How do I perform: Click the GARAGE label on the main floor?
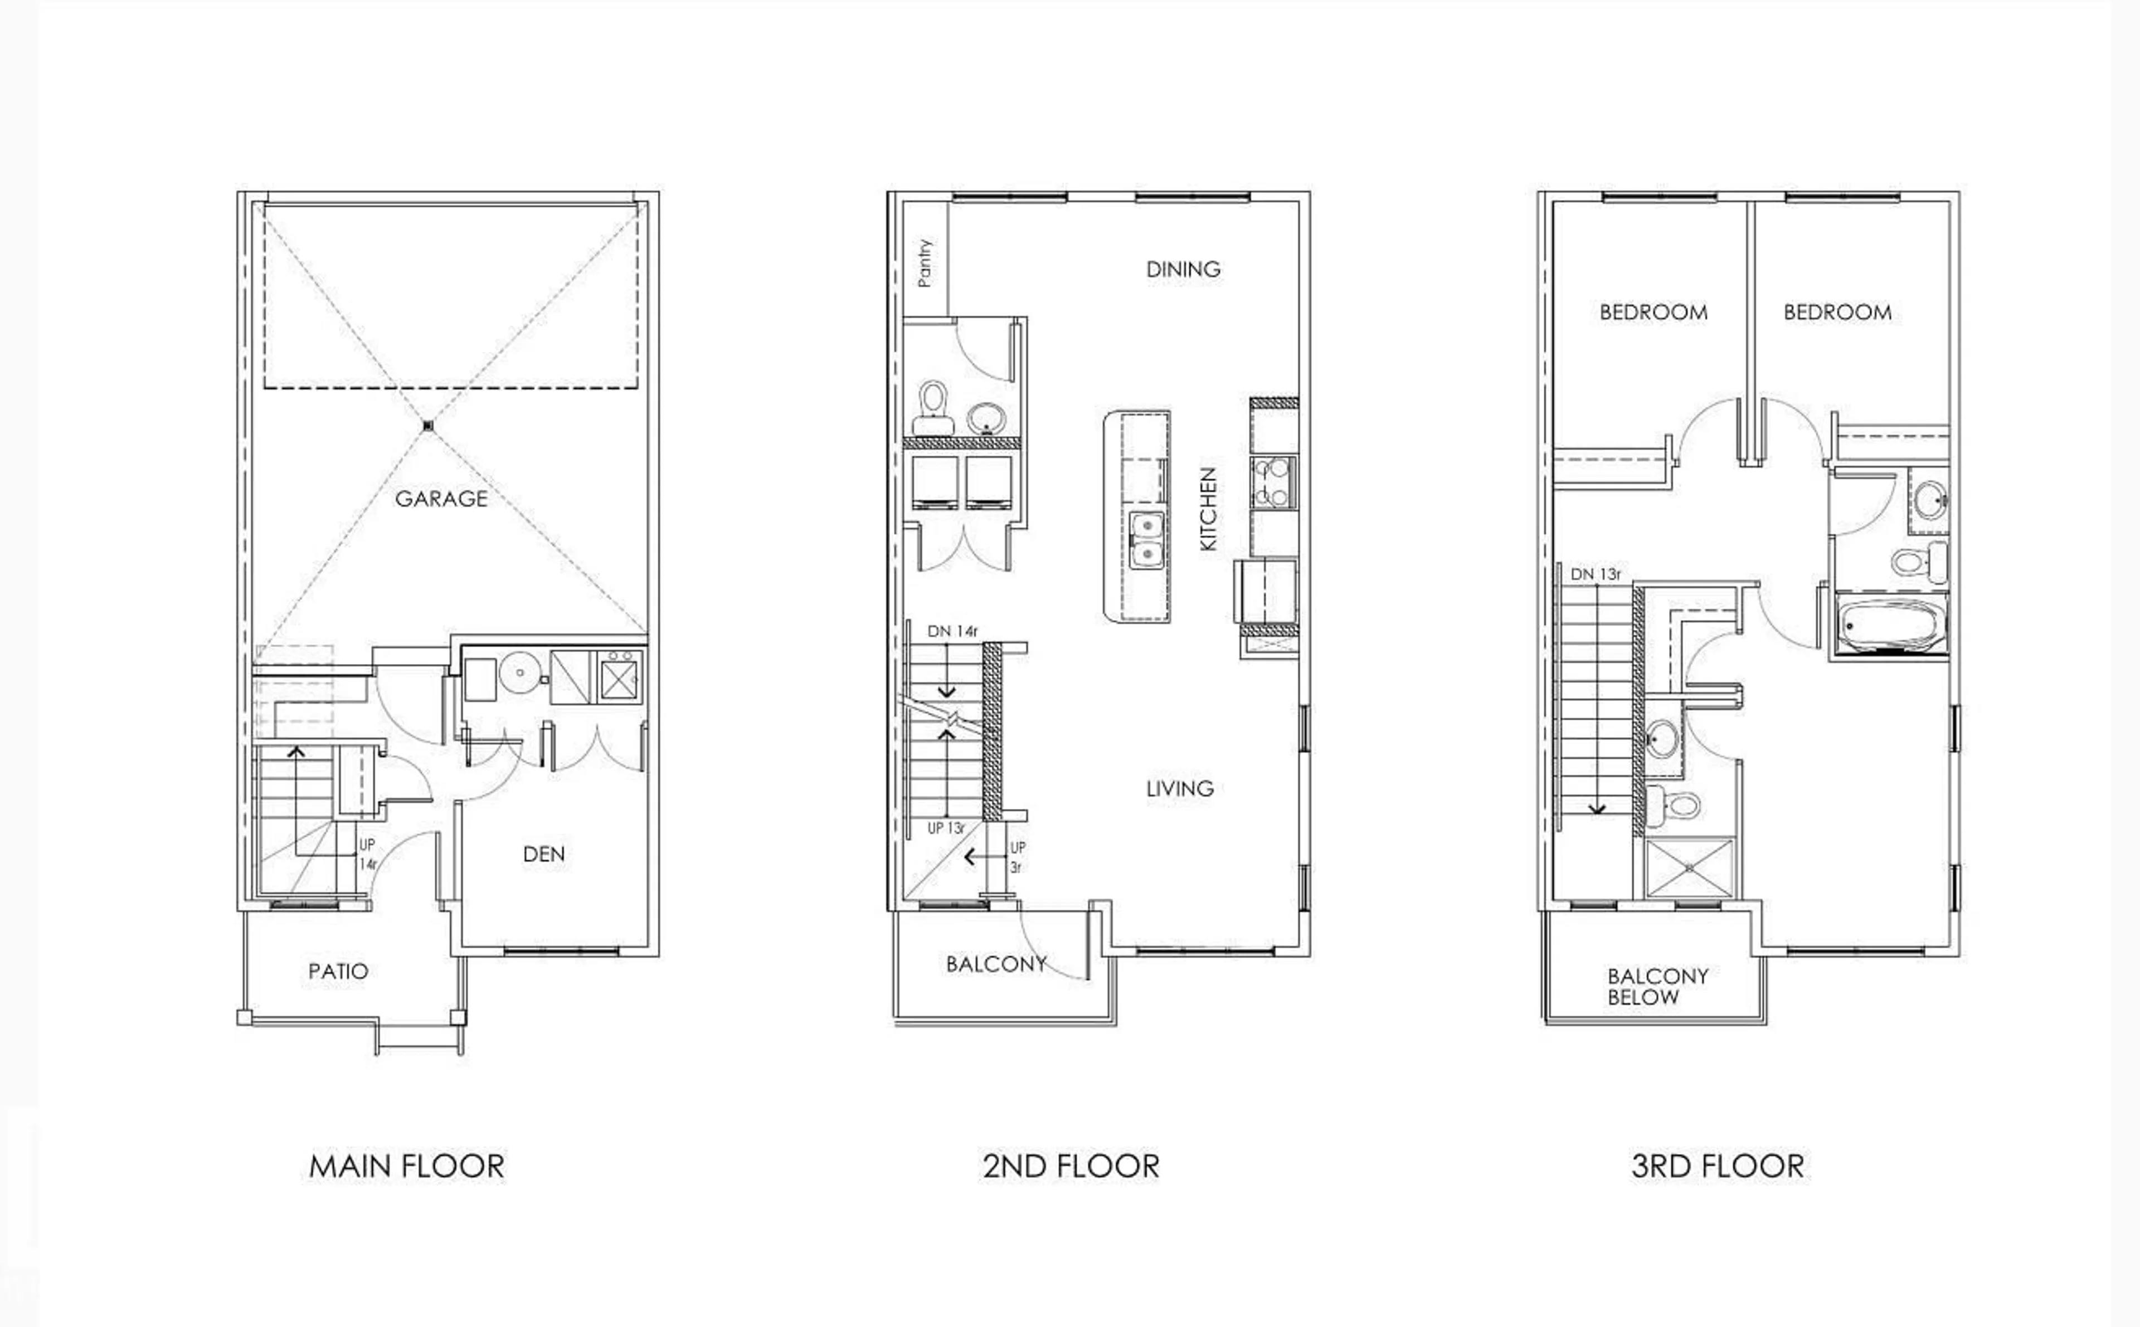(441, 499)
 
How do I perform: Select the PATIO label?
(338, 972)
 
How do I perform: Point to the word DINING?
(1183, 270)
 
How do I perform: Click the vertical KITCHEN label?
(1209, 509)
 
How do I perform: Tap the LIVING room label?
(1180, 789)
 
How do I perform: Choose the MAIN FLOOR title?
(406, 1167)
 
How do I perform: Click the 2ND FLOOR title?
(1071, 1167)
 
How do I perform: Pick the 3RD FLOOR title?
(1718, 1167)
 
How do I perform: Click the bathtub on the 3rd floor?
(1890, 626)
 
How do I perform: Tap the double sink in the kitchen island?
(1146, 540)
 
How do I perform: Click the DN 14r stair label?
(952, 631)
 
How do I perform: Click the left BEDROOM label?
(1653, 313)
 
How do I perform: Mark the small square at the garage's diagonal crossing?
(429, 427)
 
